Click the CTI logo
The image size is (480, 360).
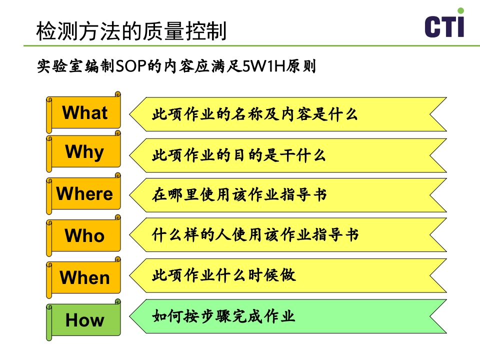click(444, 25)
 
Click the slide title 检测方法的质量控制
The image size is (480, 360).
click(131, 31)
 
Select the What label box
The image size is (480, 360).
click(84, 113)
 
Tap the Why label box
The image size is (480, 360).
click(84, 152)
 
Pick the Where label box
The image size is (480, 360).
click(84, 194)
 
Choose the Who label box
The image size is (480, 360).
click(84, 235)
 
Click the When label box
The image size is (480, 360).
click(84, 277)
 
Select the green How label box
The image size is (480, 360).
click(84, 320)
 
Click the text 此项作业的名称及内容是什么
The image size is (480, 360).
click(255, 114)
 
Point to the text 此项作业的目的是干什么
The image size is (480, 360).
click(239, 155)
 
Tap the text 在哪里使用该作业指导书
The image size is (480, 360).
click(239, 194)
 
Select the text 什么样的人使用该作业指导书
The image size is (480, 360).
click(255, 234)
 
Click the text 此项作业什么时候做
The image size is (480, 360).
click(223, 275)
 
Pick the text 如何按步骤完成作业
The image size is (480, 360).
click(223, 316)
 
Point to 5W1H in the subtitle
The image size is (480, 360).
click(262, 66)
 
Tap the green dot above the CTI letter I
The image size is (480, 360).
click(460, 10)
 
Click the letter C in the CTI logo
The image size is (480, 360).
click(433, 27)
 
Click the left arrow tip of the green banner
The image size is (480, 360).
click(131, 316)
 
